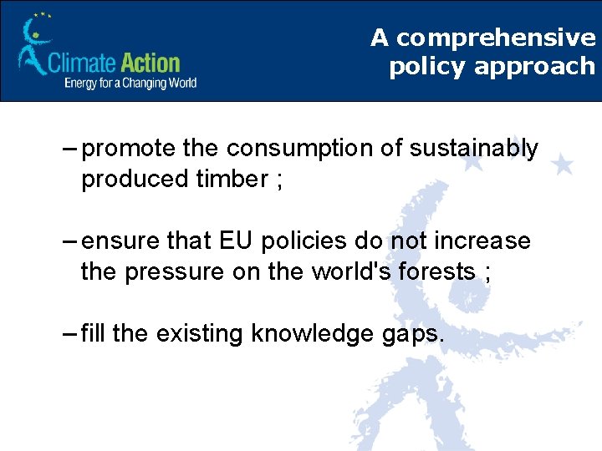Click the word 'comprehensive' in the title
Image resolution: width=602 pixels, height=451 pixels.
pyautogui.click(x=496, y=38)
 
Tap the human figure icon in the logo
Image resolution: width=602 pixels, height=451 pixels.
pyautogui.click(x=33, y=47)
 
